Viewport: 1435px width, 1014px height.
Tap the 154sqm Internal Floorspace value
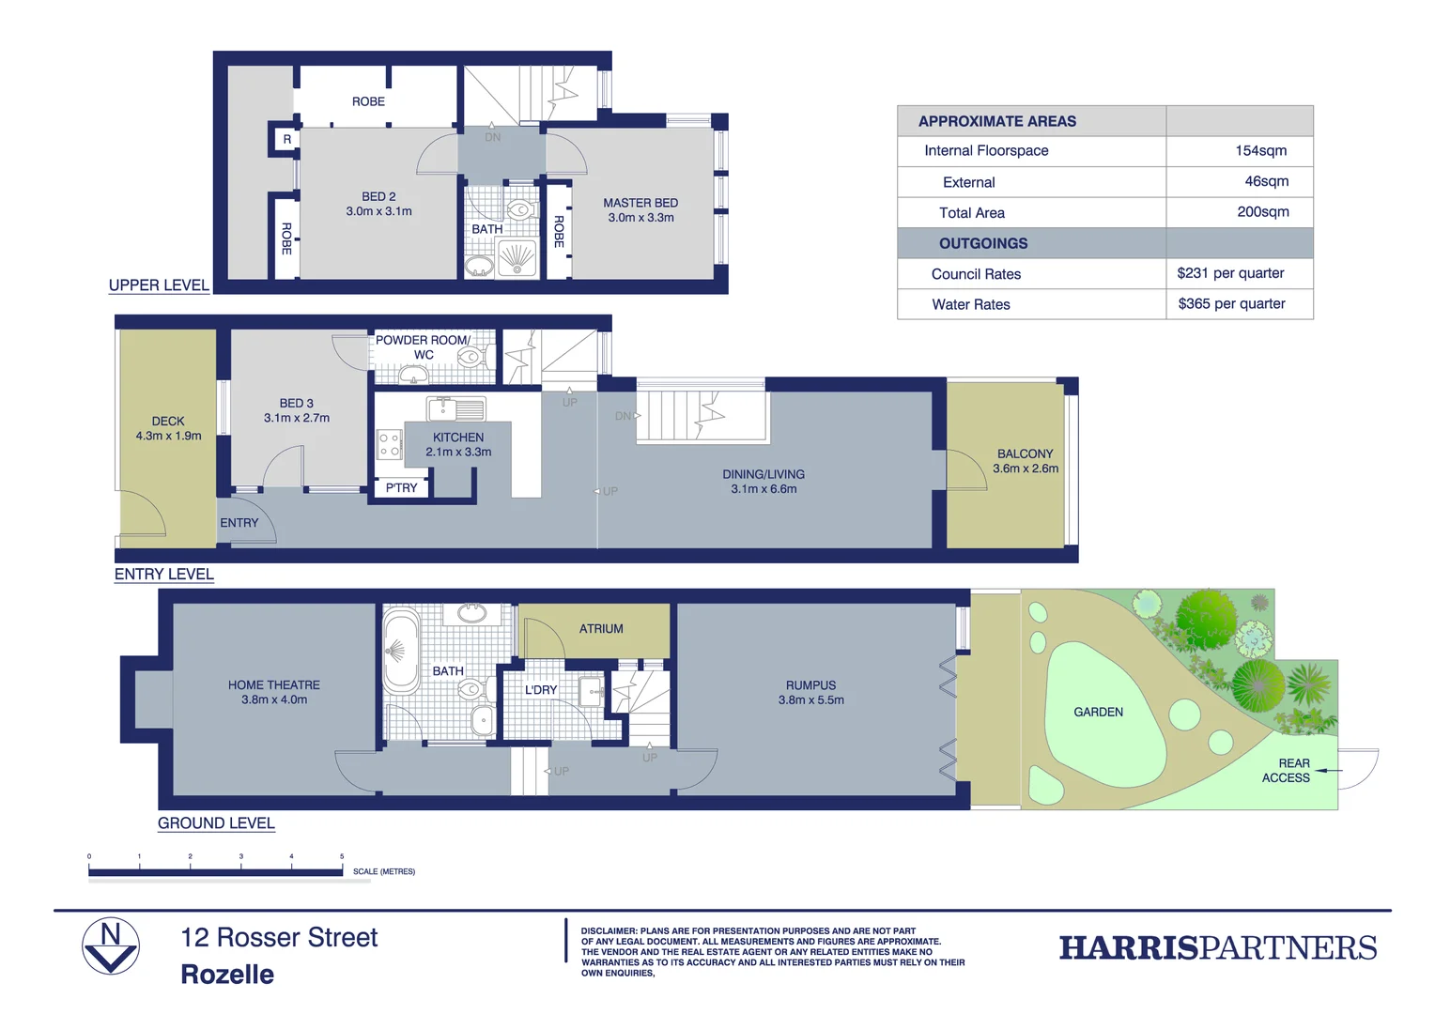(1260, 150)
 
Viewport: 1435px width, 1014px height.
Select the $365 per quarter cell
(1231, 303)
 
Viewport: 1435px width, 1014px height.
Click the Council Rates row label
(976, 274)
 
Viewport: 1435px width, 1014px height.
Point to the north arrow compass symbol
(111, 946)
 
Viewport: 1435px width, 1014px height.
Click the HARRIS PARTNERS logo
(1217, 947)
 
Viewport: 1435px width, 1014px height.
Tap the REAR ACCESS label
(1286, 771)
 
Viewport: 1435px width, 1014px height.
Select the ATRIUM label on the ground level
(601, 628)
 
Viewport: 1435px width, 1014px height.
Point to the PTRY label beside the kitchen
(401, 487)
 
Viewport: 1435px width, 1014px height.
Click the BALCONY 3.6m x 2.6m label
(1025, 460)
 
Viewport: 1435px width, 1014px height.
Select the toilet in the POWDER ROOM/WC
(470, 357)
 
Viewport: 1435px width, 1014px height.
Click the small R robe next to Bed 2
(286, 139)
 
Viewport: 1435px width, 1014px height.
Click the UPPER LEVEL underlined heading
(159, 285)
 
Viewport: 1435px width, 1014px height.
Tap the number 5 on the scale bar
(342, 856)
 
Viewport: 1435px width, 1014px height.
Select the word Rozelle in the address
(227, 975)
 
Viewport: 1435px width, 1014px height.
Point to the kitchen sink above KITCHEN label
(456, 408)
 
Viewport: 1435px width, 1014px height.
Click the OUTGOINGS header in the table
(983, 243)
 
